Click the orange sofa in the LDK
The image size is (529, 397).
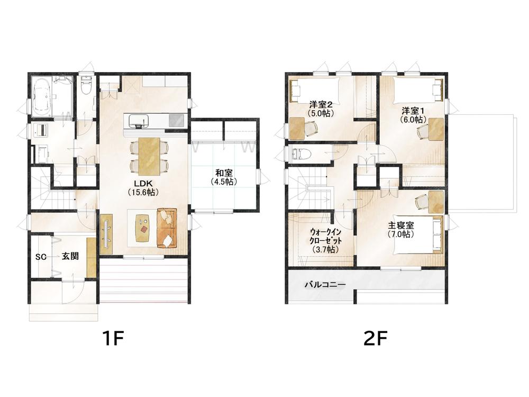(x=167, y=228)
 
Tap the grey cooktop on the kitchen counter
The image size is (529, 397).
(x=177, y=120)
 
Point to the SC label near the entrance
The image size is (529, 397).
(x=41, y=257)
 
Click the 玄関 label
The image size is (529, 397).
(x=70, y=256)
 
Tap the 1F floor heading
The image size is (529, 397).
(x=113, y=338)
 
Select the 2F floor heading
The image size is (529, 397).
(x=375, y=338)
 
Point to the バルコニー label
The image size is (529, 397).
(x=325, y=285)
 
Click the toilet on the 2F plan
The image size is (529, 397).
(x=300, y=154)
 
